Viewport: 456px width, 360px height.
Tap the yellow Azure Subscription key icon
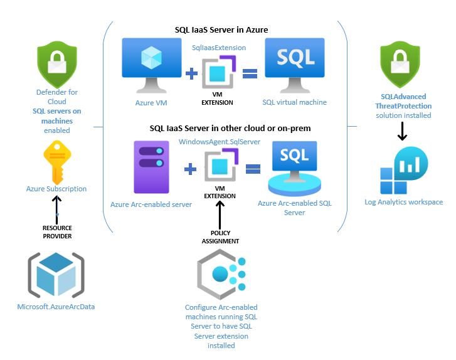point(56,161)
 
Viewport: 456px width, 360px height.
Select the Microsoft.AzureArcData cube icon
point(56,275)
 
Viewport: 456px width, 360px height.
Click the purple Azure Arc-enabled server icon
point(152,167)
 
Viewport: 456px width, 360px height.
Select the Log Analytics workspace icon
point(404,173)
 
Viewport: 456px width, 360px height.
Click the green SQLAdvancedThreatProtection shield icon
point(403,64)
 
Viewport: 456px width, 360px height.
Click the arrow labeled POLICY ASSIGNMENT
point(220,215)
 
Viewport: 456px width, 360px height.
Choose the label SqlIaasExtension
point(219,47)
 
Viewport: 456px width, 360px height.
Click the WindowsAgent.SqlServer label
point(220,142)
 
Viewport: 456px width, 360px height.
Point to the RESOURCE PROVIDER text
point(56,231)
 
